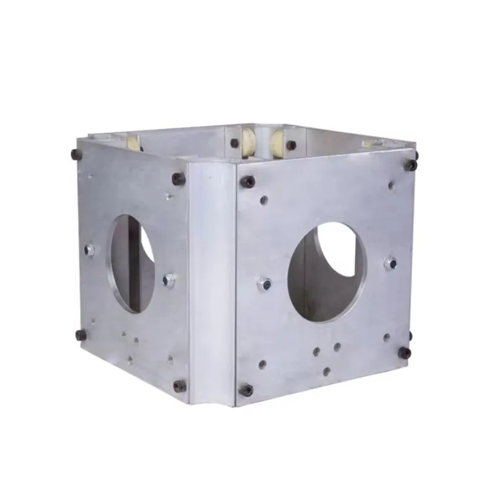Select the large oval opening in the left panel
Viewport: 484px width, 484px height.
click(x=131, y=263)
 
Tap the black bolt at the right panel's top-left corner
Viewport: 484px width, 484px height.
click(x=247, y=181)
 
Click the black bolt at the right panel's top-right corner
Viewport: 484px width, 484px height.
click(x=411, y=165)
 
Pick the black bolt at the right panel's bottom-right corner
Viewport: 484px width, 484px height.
click(x=405, y=352)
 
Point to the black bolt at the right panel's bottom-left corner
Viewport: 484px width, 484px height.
click(x=246, y=390)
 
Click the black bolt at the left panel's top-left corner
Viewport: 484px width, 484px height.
click(x=77, y=154)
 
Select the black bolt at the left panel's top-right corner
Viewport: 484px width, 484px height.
click(x=178, y=178)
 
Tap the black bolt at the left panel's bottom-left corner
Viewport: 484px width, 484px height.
click(x=81, y=335)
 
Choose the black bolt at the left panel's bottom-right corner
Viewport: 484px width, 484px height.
click(x=180, y=385)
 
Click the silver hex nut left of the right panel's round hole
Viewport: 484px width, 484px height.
click(x=264, y=283)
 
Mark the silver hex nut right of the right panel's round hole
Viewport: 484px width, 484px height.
click(x=391, y=263)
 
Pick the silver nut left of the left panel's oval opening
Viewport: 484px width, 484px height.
click(x=90, y=249)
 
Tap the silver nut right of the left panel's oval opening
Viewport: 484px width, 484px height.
click(x=169, y=280)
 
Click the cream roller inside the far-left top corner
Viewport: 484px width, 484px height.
click(x=132, y=143)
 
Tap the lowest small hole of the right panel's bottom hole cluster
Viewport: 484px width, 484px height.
click(x=327, y=371)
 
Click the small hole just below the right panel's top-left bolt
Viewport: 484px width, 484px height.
click(x=264, y=200)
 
